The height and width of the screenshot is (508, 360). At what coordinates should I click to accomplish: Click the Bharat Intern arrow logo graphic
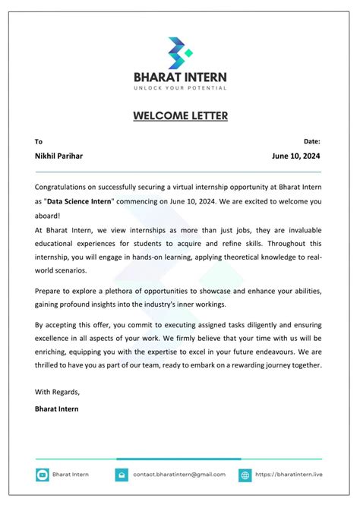180,51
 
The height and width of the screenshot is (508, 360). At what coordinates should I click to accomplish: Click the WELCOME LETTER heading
180,116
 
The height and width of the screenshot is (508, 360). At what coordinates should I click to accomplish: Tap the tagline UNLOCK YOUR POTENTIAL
180,88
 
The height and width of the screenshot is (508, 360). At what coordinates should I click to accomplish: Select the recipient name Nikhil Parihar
59,156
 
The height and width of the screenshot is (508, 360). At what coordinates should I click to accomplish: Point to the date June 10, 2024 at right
296,156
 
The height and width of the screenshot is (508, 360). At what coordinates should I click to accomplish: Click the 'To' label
39,141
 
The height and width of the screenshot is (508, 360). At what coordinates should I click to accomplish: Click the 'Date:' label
311,141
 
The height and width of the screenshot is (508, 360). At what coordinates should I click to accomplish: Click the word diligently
257,324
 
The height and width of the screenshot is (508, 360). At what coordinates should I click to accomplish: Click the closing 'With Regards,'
57,392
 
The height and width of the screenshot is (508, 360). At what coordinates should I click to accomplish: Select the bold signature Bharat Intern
56,409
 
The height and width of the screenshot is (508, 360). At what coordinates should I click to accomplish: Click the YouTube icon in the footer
43,475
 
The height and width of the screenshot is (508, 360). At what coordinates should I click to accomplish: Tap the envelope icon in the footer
122,475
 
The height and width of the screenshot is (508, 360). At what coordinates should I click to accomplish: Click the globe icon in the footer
245,475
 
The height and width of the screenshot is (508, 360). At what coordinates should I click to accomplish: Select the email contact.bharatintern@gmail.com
179,475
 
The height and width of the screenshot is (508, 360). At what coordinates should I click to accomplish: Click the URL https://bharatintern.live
289,475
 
